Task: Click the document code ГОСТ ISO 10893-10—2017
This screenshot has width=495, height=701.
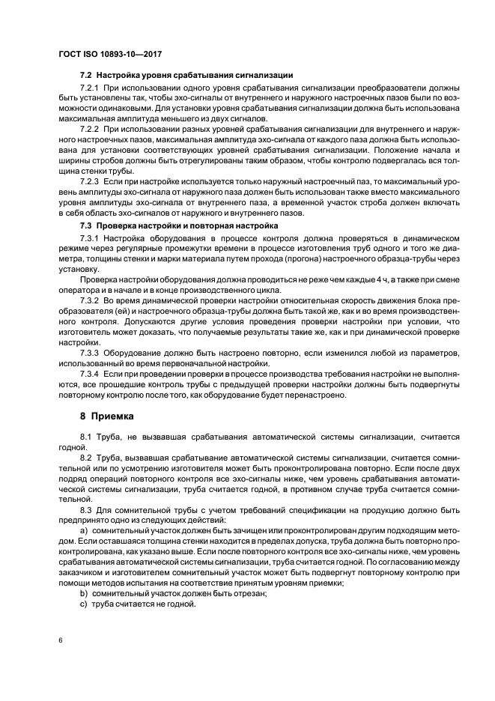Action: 110,55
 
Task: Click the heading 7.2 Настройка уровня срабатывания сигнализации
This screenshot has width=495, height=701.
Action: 186,76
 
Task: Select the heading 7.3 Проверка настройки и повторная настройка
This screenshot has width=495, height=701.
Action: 179,225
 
